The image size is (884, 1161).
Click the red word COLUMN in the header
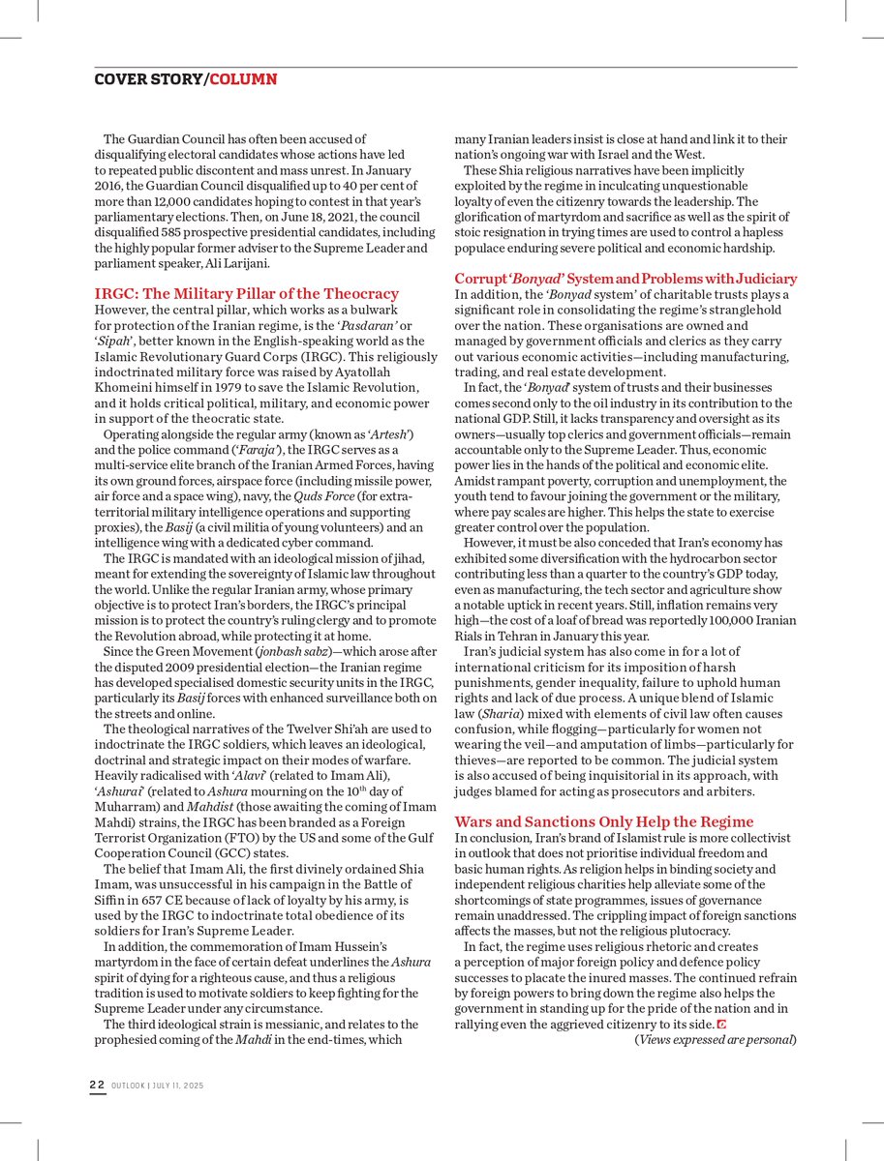243,78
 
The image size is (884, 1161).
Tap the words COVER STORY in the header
148,78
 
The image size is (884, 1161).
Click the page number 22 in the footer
97,1086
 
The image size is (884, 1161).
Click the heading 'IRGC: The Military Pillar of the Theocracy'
246,293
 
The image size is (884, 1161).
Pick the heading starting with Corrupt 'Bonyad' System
625,279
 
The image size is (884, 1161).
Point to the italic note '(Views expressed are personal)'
716,1039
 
